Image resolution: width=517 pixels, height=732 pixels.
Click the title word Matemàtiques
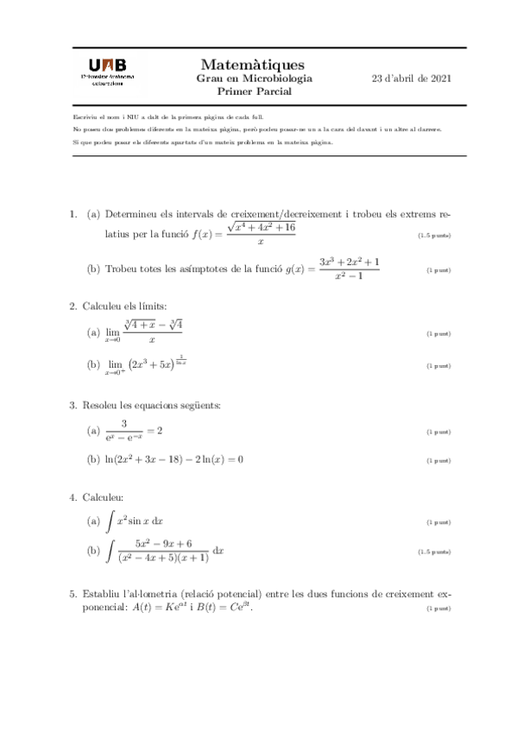point(252,64)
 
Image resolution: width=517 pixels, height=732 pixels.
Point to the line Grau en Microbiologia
point(255,78)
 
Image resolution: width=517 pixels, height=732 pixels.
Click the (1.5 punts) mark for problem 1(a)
point(434,236)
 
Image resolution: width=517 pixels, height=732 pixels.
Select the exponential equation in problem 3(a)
point(135,430)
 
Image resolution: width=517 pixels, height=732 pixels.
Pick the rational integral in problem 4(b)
point(164,550)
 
